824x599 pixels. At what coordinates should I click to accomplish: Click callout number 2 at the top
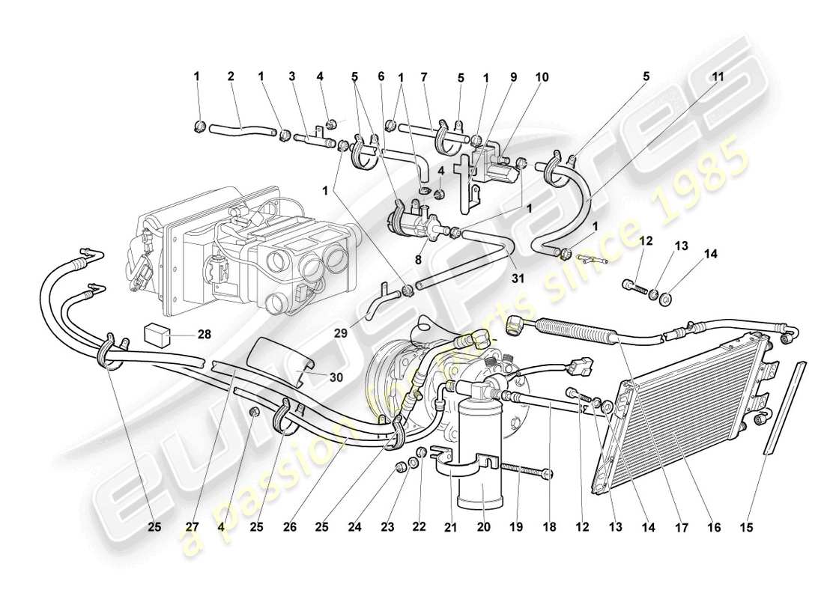click(231, 76)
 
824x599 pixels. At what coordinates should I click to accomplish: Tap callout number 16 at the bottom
click(713, 527)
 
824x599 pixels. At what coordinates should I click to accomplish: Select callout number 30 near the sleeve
click(335, 377)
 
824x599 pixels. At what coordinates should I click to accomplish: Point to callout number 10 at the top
click(541, 76)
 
